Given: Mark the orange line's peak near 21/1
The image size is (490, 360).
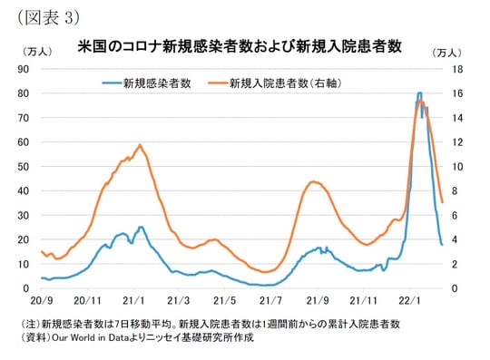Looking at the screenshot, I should point(140,145).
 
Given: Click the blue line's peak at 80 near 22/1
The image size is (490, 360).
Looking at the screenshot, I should point(419,92).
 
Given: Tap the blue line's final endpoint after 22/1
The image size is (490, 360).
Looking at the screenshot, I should point(442,244).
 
